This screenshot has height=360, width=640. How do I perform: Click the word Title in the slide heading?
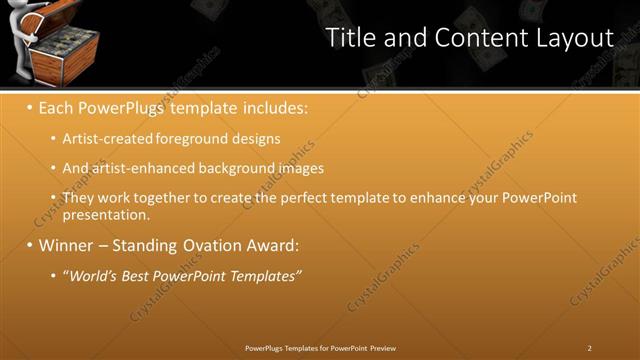click(x=353, y=38)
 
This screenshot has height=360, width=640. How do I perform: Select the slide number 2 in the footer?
click(x=589, y=348)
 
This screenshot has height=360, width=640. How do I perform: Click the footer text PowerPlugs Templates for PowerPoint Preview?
click(x=320, y=348)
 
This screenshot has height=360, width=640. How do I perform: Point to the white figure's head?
click(x=18, y=14)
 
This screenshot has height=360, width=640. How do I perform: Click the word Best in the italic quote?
click(x=145, y=275)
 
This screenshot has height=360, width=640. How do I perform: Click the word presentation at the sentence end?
click(x=104, y=214)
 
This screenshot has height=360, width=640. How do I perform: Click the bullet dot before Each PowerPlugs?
click(x=30, y=105)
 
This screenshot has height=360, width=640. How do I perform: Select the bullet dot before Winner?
click(x=30, y=244)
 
